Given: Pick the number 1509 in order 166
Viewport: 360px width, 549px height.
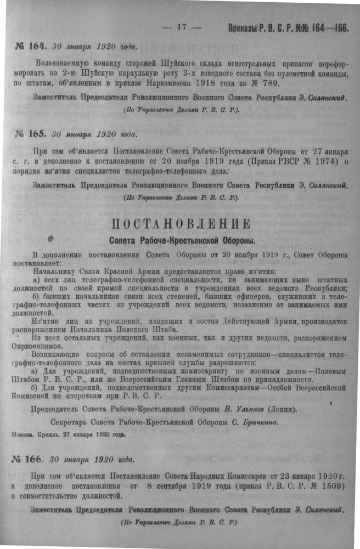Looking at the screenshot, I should (x=331, y=485).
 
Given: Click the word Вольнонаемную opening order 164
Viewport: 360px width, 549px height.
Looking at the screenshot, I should (x=62, y=61).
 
